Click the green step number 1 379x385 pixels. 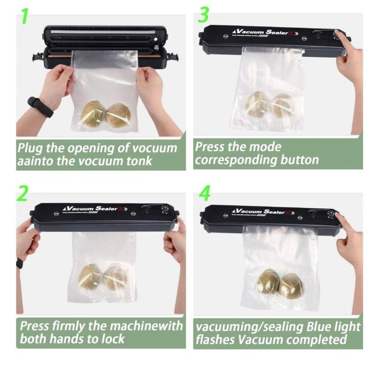click(x=25, y=16)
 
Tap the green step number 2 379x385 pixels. click(x=23, y=193)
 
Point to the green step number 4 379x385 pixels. click(x=204, y=193)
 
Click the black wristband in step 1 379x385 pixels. click(x=41, y=107)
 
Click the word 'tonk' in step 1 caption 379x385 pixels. click(x=140, y=161)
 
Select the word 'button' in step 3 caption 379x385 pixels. click(x=299, y=160)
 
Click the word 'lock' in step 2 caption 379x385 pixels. click(x=113, y=339)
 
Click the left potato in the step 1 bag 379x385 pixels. click(x=92, y=114)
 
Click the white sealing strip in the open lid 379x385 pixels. click(x=103, y=32)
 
